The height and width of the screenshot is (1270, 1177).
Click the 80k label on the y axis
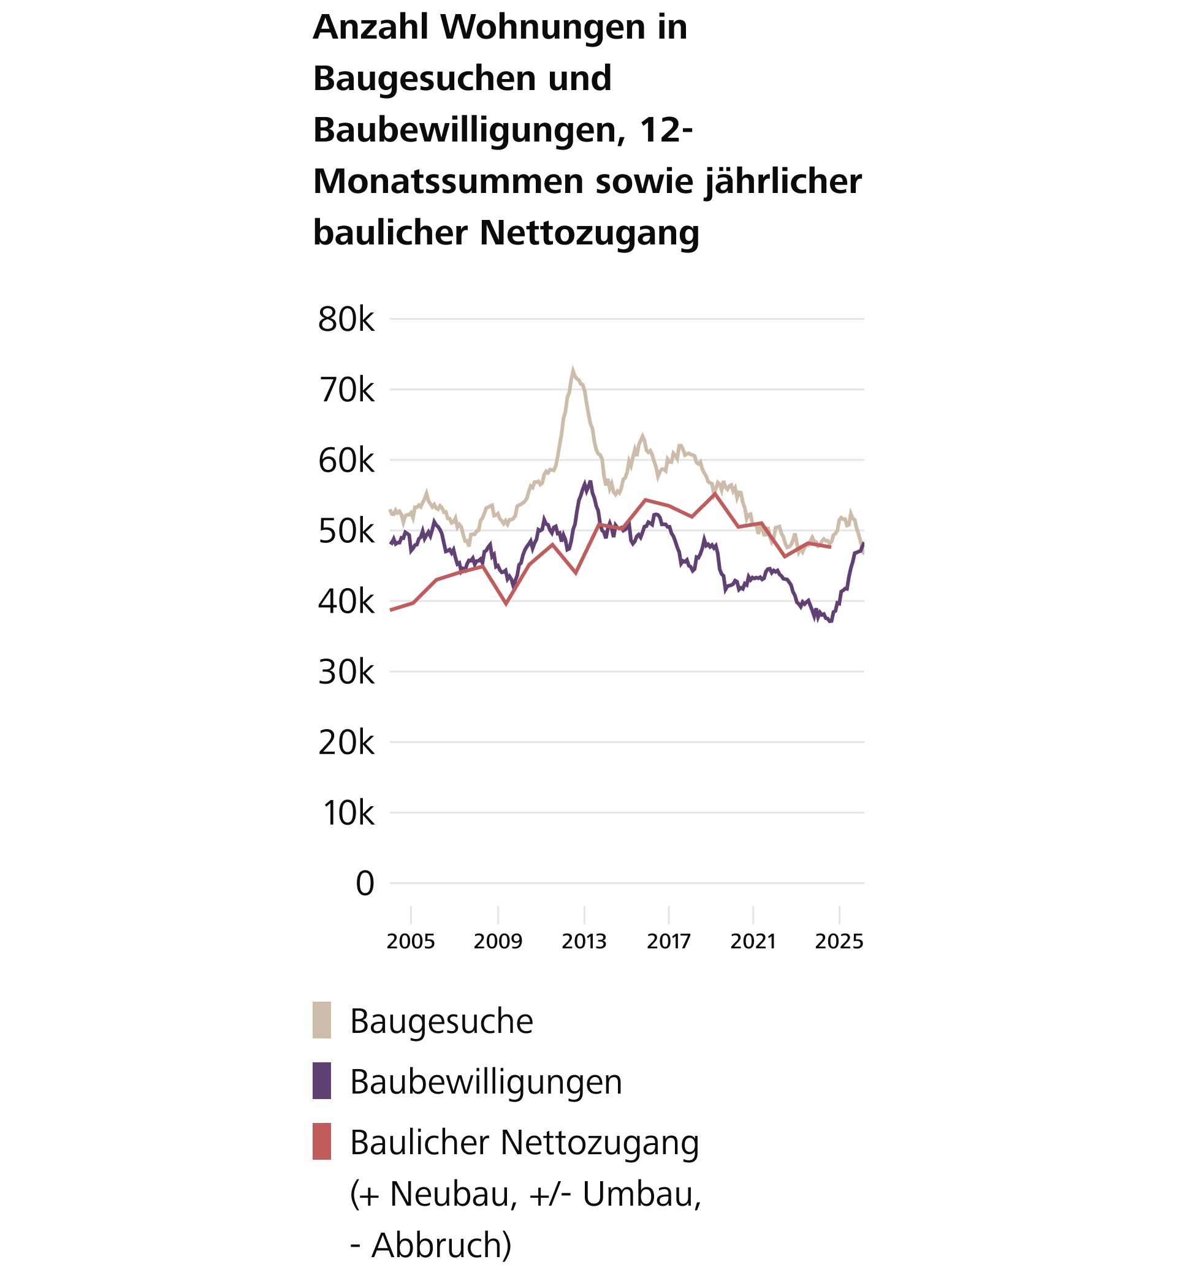point(346,320)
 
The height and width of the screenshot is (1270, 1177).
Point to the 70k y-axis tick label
point(346,390)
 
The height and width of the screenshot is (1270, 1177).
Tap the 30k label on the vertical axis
point(346,672)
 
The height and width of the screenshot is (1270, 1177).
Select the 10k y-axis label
point(348,813)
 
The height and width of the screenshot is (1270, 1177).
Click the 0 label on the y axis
point(364,883)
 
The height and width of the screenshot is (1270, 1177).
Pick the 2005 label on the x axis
point(411,941)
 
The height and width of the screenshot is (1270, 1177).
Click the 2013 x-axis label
point(584,941)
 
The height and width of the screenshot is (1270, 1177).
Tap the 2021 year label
point(753,941)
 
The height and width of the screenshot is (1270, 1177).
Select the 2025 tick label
point(839,941)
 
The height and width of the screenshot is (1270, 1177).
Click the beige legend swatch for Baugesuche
point(322,1021)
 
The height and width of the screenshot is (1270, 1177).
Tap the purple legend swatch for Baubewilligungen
point(322,1081)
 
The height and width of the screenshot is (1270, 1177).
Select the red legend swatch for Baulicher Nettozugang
point(322,1141)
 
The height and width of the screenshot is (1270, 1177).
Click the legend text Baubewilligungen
point(486,1081)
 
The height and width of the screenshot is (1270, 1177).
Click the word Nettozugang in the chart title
point(589,232)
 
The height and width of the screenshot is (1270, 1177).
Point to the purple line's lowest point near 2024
point(829,621)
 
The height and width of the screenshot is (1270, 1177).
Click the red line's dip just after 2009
point(506,603)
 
